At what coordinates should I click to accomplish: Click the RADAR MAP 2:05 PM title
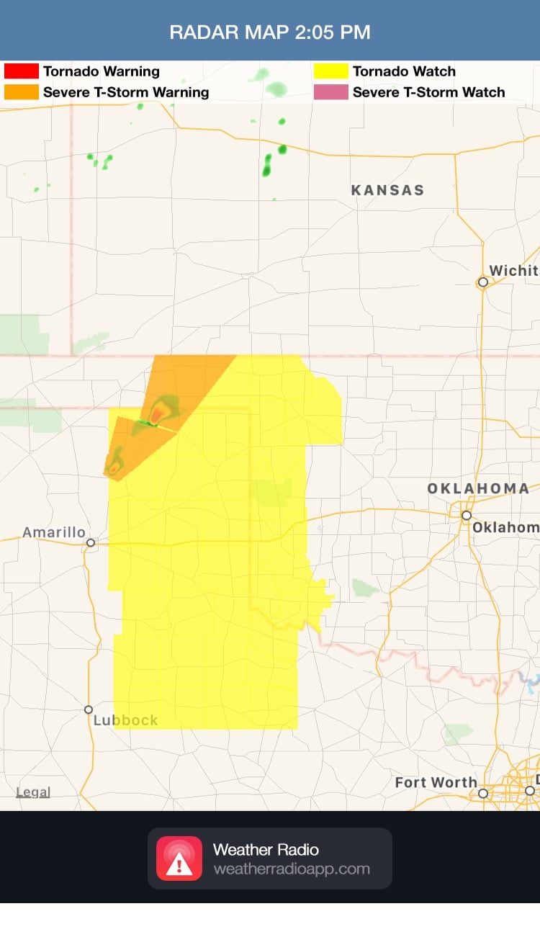pyautogui.click(x=270, y=32)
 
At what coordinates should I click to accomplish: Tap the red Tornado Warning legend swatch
pyautogui.click(x=21, y=71)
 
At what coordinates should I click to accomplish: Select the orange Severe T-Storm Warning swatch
pyautogui.click(x=21, y=92)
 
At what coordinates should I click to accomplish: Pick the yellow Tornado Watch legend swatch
pyautogui.click(x=330, y=71)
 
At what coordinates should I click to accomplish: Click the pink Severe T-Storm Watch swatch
pyautogui.click(x=330, y=92)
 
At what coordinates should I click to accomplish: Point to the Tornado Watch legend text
pyautogui.click(x=404, y=71)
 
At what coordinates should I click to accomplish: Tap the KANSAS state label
pyautogui.click(x=387, y=190)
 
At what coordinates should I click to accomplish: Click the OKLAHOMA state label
pyautogui.click(x=478, y=488)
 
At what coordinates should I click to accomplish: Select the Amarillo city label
pyautogui.click(x=54, y=532)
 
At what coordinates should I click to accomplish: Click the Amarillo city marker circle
pyautogui.click(x=91, y=543)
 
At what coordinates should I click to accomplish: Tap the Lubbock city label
pyautogui.click(x=125, y=720)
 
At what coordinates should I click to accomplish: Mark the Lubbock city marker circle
pyautogui.click(x=89, y=709)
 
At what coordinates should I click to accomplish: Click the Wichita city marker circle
pyautogui.click(x=483, y=282)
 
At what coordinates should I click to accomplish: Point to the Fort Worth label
pyautogui.click(x=436, y=782)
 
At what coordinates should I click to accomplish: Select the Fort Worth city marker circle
pyautogui.click(x=483, y=793)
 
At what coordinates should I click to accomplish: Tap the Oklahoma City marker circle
pyautogui.click(x=467, y=516)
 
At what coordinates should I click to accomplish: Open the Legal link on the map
pyautogui.click(x=33, y=792)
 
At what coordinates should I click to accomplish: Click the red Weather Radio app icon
pyautogui.click(x=179, y=859)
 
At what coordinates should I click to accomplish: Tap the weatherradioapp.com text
pyautogui.click(x=291, y=869)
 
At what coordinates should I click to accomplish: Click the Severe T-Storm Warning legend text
pyautogui.click(x=126, y=92)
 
